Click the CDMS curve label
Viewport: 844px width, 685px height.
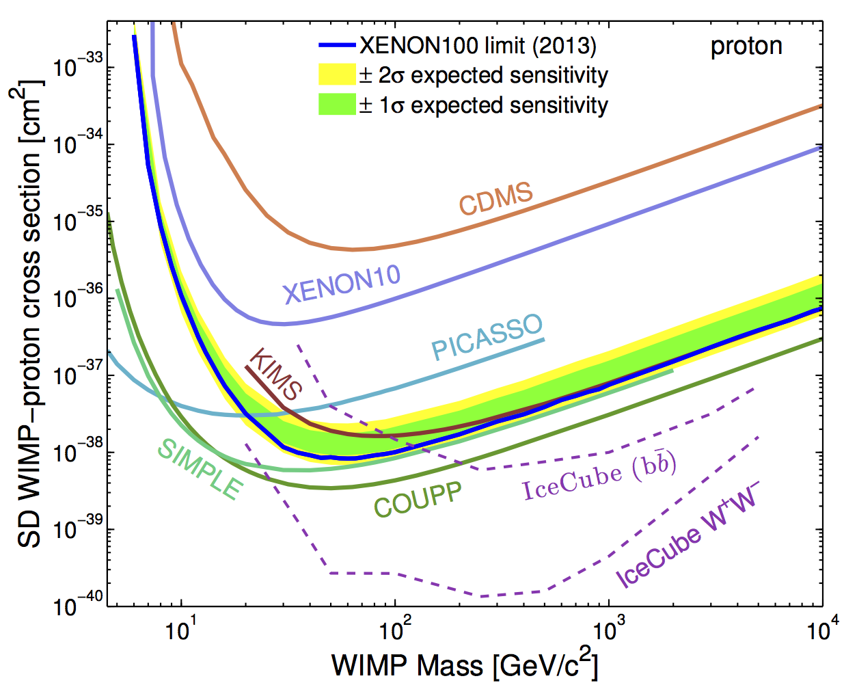tap(495, 199)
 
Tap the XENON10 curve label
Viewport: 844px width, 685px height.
tap(342, 283)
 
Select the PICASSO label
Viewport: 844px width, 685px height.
tap(487, 337)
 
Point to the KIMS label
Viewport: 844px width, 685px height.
tap(275, 374)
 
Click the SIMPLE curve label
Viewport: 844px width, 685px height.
tap(200, 468)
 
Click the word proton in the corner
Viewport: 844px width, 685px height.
tap(746, 46)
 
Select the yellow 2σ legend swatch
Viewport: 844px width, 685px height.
tap(337, 75)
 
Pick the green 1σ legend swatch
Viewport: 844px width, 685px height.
tap(337, 105)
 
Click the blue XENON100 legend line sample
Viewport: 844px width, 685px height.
tap(337, 46)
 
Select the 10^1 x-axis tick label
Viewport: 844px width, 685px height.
tap(180, 630)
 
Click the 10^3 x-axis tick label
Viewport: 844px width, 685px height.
tap(606, 630)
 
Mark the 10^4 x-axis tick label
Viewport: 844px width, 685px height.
tap(819, 630)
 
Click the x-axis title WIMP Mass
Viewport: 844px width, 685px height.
tap(465, 665)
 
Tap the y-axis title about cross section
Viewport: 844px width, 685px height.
tap(31, 314)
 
